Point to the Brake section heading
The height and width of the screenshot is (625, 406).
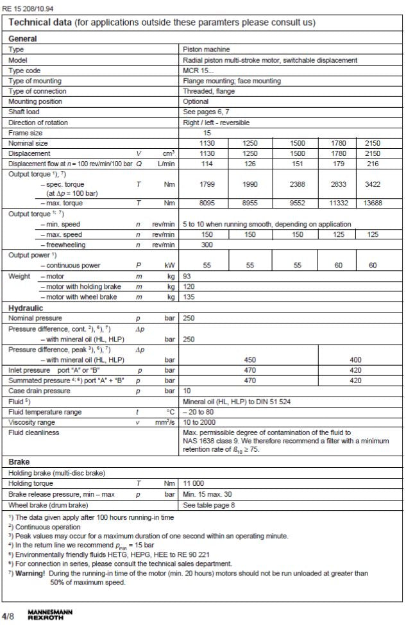click(19, 461)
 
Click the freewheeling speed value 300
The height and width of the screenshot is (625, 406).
click(189, 244)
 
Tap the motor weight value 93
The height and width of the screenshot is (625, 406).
click(187, 277)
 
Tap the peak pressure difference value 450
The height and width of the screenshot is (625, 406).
click(250, 360)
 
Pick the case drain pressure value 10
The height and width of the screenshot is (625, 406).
click(187, 391)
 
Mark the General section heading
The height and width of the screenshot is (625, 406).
click(22, 39)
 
